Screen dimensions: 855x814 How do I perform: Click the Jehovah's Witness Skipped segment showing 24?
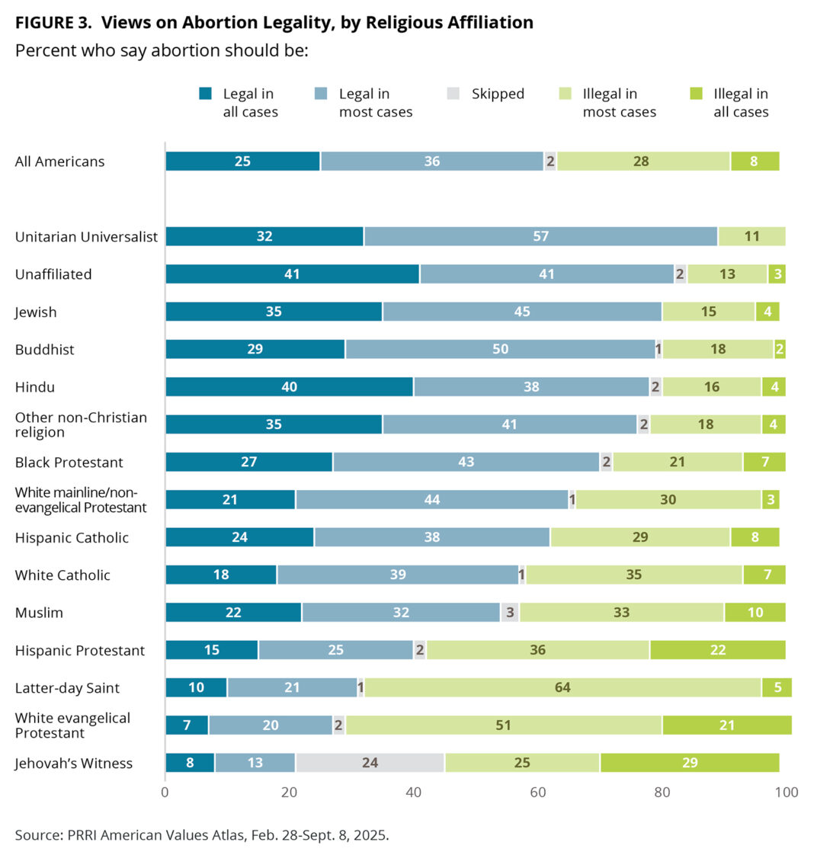370,763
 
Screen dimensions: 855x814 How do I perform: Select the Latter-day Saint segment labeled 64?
562,687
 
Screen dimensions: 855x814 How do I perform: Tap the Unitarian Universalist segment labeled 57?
540,236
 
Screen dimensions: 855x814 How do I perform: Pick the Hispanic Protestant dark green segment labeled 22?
717,650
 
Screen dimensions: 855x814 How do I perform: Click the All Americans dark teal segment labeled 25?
242,162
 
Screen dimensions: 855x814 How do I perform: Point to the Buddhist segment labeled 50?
500,349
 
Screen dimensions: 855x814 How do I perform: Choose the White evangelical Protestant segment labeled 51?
503,725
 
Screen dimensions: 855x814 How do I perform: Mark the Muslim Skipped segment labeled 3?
510,613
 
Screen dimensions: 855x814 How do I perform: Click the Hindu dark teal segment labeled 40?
289,386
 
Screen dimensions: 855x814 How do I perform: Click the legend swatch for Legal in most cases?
322,94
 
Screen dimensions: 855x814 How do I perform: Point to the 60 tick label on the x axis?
538,793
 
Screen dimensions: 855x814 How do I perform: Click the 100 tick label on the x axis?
786,793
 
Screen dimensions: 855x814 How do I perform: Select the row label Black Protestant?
69,462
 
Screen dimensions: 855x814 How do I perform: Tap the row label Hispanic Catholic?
72,537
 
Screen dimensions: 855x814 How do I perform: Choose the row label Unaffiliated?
53,274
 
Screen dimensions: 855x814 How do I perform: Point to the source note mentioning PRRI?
201,835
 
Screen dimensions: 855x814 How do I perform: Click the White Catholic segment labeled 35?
634,575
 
